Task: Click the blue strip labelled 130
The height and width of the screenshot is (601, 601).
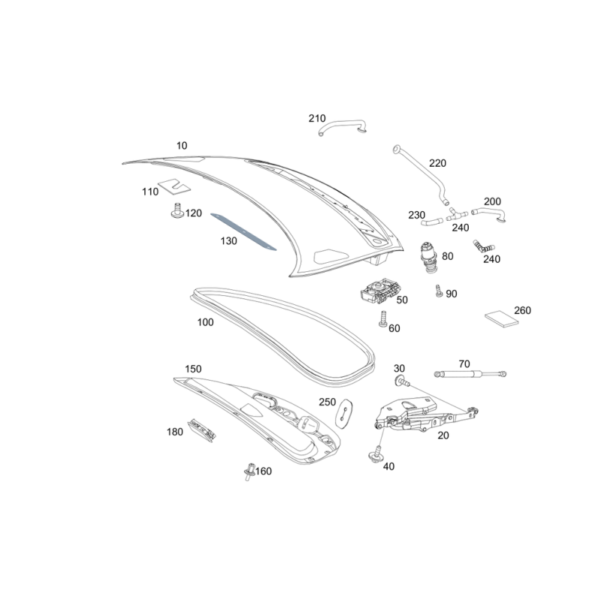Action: (x=243, y=231)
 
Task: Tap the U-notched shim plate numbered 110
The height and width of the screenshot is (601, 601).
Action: (x=174, y=185)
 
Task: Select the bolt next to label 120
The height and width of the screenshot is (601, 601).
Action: (x=177, y=210)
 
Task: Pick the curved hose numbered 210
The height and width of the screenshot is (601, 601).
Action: (x=343, y=127)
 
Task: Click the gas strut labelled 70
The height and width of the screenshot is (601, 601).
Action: (x=470, y=373)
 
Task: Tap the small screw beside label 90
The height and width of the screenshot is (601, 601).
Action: (x=439, y=291)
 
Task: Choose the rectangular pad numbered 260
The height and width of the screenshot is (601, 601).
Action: (x=501, y=319)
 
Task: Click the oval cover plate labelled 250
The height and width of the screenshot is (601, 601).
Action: (x=344, y=413)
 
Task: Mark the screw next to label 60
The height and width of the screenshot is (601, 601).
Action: (x=383, y=319)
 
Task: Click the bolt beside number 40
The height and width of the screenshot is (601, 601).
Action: (x=376, y=454)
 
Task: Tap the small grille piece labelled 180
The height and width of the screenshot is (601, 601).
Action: (x=202, y=430)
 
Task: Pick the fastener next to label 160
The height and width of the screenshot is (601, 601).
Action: (x=249, y=472)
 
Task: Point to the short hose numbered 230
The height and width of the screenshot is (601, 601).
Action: (x=432, y=222)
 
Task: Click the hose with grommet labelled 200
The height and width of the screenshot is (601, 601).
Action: (x=490, y=213)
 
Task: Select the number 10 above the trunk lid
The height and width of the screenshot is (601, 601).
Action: (x=182, y=146)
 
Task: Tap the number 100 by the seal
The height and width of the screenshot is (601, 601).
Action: (x=205, y=322)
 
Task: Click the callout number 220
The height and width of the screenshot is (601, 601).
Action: (x=438, y=163)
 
